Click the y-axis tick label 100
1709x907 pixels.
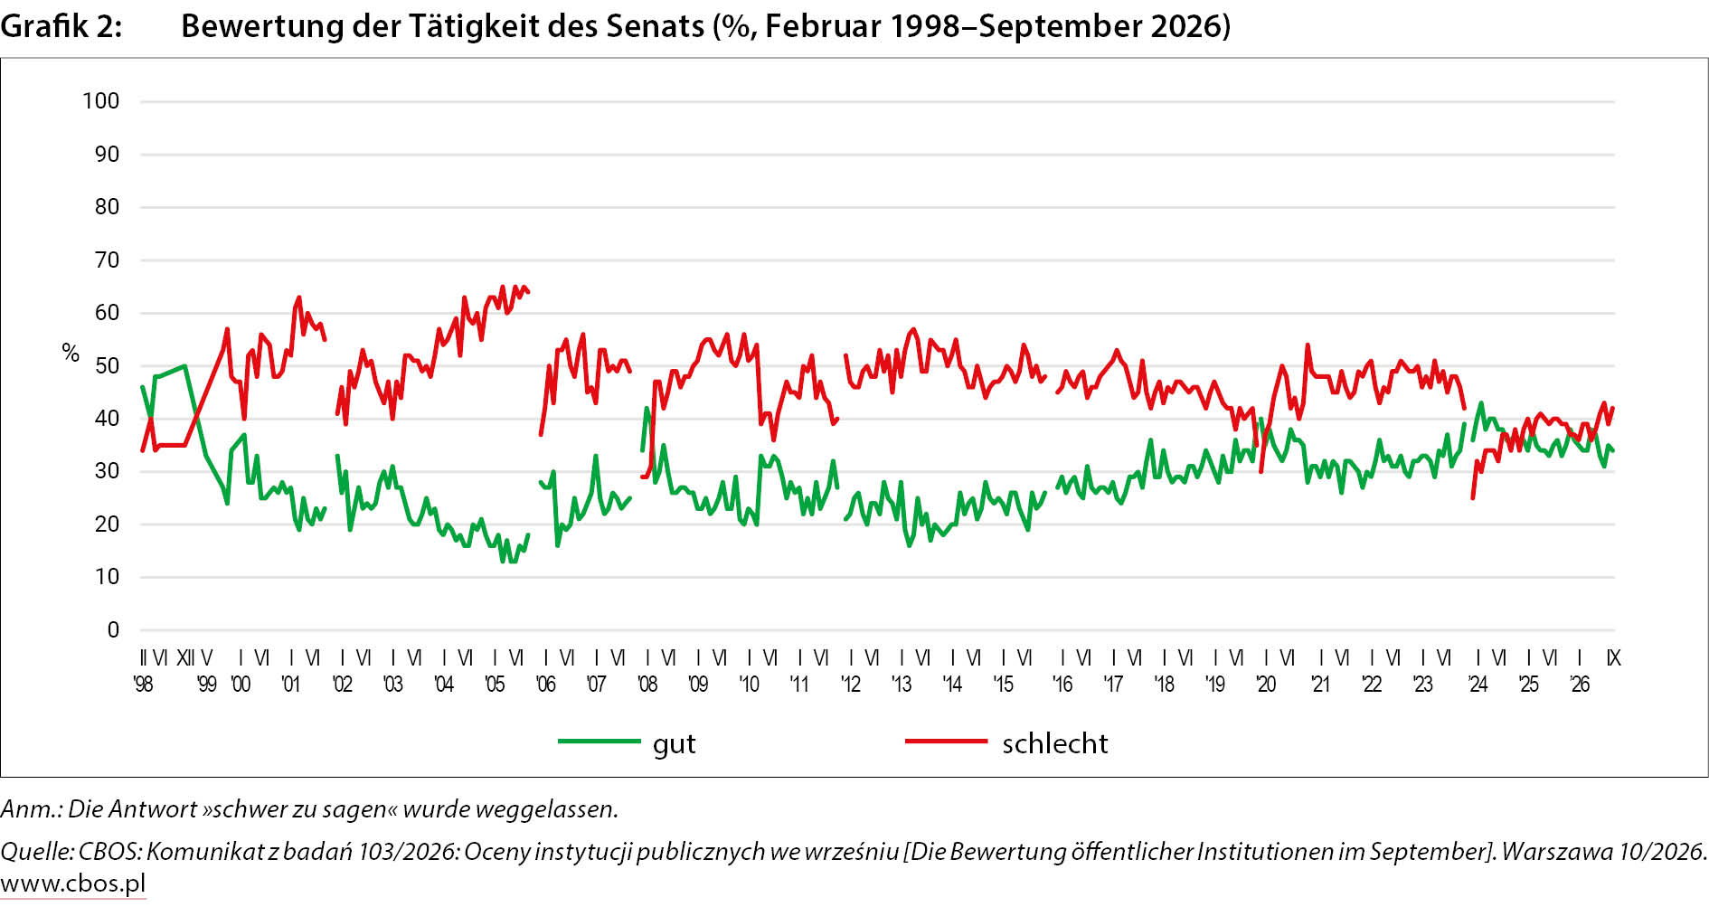100,101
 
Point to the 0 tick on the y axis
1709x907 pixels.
113,630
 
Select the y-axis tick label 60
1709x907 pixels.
107,313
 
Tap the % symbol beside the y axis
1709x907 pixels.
71,353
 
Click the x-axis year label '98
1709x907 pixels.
143,685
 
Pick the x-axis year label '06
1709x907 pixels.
545,685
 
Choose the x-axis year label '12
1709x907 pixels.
851,685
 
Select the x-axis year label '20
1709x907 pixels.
1266,685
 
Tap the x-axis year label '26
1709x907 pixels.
1580,685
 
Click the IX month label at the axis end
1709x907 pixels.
1613,658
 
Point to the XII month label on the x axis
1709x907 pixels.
184,658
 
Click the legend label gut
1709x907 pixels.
675,744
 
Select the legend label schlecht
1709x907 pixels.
1054,743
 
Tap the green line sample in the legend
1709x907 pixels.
599,742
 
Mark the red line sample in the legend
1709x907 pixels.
946,742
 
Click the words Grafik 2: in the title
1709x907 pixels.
61,26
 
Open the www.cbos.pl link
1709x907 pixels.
73,883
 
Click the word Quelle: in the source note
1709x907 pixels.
37,852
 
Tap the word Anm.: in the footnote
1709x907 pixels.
31,809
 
